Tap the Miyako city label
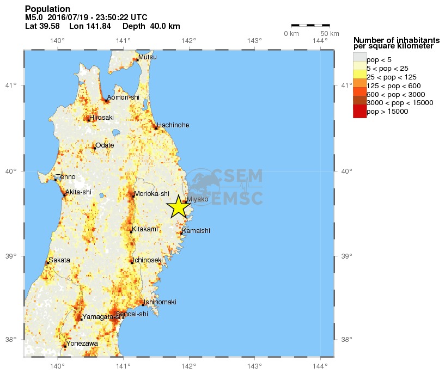tap(197, 200)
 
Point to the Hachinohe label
tap(173, 125)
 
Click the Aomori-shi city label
tap(123, 97)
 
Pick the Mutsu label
tap(147, 57)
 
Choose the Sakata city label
tap(59, 260)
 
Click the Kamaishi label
tap(196, 231)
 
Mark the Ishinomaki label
tap(160, 302)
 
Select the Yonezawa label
tap(82, 344)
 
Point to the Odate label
tap(105, 145)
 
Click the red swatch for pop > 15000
tap(359, 111)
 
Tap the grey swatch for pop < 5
tap(359, 59)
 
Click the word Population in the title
tap(47, 9)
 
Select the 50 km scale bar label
tap(322, 34)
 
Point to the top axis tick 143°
tap(254, 40)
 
